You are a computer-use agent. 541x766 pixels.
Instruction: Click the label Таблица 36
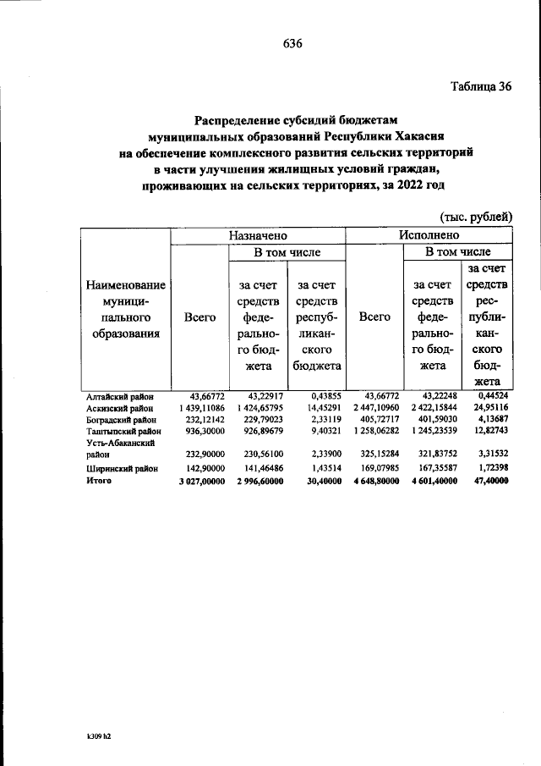[482, 86]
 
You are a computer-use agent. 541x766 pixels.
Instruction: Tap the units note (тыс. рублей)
[476, 217]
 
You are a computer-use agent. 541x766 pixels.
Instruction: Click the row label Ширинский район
[120, 469]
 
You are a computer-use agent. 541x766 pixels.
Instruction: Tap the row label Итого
[100, 481]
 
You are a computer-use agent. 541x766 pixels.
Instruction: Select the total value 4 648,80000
[373, 481]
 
